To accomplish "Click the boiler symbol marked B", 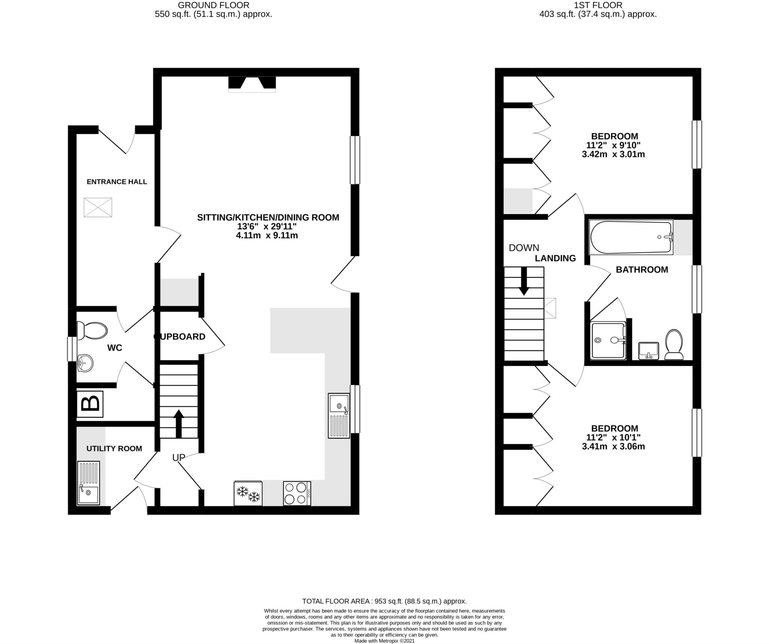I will pos(90,404).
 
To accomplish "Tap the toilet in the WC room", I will pos(92,330).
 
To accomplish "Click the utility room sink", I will pos(89,483).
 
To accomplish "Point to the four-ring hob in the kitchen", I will pos(297,493).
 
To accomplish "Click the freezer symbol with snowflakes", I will pos(248,493).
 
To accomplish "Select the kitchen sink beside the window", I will pos(339,415).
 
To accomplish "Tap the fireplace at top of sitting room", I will pos(252,84).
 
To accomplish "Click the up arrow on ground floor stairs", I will pos(179,423).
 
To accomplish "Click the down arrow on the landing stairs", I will pos(524,281).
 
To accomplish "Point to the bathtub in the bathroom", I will pos(631,237).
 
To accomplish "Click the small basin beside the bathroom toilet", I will pos(648,351).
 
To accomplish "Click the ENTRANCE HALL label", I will pos(117,182).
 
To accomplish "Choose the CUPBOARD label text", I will pos(180,337).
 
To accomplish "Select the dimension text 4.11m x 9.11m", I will pos(267,236).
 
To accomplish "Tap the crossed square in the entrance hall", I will pos(98,208).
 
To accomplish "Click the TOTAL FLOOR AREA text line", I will pos(384,601).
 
